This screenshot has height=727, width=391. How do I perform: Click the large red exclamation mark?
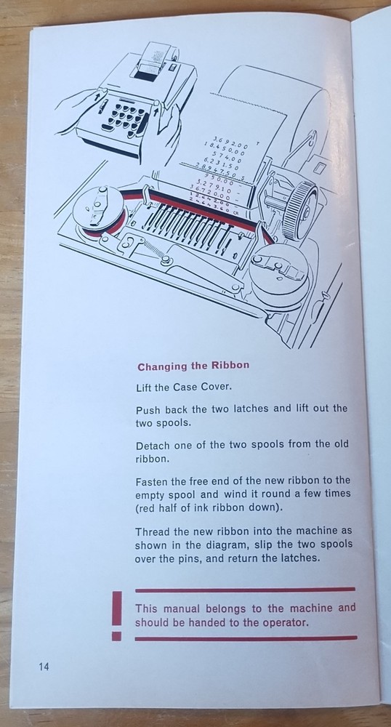pyautogui.click(x=117, y=615)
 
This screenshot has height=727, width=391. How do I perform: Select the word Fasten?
pyautogui.click(x=152, y=481)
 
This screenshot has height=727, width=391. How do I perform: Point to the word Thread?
pyautogui.click(x=153, y=531)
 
